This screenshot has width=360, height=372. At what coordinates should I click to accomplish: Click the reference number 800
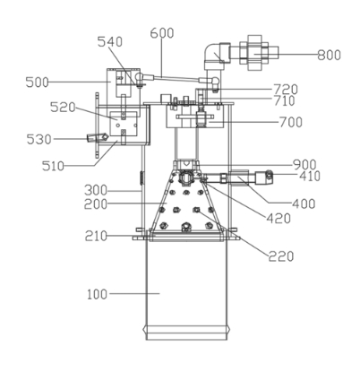(329, 56)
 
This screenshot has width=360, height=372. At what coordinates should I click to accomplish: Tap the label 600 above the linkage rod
(162, 33)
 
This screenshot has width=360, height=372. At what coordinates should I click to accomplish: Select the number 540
(110, 42)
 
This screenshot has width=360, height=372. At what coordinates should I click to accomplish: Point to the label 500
(37, 82)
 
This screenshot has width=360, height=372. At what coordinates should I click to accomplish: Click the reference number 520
(63, 108)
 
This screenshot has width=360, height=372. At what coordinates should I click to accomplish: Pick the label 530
(39, 140)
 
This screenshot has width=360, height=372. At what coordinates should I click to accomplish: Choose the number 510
(53, 166)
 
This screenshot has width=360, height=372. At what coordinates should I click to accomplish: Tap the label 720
(286, 90)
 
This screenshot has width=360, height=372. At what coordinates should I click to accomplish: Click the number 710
(284, 101)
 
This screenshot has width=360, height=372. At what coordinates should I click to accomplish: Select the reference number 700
(291, 122)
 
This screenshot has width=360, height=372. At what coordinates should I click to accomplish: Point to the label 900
(304, 165)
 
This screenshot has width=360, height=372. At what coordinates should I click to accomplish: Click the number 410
(310, 177)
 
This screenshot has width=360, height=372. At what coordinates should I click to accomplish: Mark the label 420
(279, 219)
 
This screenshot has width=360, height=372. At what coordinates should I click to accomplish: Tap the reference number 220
(281, 256)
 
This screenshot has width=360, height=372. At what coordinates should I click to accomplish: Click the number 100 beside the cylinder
(97, 295)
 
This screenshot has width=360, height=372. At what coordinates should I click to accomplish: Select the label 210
(96, 237)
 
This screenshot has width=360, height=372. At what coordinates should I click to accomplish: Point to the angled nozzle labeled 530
(98, 138)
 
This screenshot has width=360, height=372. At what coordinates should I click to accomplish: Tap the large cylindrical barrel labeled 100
(186, 289)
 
